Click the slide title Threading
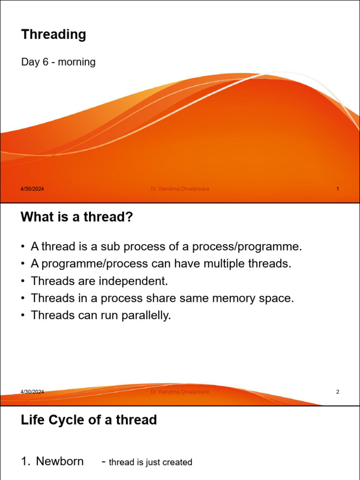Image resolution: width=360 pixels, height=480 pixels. (x=53, y=35)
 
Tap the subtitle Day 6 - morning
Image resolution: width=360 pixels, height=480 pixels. (x=58, y=62)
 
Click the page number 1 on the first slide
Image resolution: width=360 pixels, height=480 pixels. (x=337, y=189)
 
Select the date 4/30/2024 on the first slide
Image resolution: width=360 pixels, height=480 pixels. (x=32, y=189)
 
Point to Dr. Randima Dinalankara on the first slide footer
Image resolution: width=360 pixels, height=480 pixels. (x=180, y=189)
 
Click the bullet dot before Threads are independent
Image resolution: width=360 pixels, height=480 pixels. (x=23, y=281)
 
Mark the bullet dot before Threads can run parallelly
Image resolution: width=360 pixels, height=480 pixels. (x=23, y=315)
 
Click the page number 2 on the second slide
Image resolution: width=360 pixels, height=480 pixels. (x=337, y=392)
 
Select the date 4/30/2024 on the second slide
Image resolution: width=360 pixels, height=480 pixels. (x=32, y=392)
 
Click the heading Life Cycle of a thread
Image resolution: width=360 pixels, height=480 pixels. (x=89, y=420)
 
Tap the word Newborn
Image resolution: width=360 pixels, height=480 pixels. (x=60, y=462)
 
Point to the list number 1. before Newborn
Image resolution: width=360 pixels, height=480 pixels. (x=26, y=462)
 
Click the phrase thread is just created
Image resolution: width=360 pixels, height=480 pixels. (x=150, y=462)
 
